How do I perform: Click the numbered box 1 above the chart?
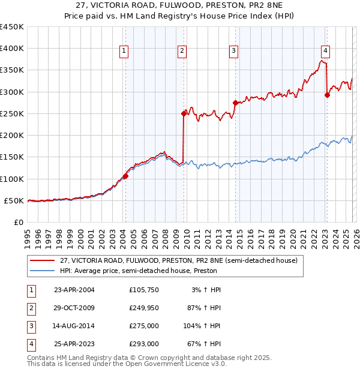(124, 52)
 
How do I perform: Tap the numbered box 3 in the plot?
(233, 52)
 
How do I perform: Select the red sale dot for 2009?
(184, 113)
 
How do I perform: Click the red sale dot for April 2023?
(327, 94)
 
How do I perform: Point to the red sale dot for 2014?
(235, 102)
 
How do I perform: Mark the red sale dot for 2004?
(125, 176)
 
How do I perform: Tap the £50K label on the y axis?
(14, 200)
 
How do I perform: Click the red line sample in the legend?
(41, 260)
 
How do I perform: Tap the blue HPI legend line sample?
(41, 271)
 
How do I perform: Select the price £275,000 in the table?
(143, 326)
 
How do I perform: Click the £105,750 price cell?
(143, 290)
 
